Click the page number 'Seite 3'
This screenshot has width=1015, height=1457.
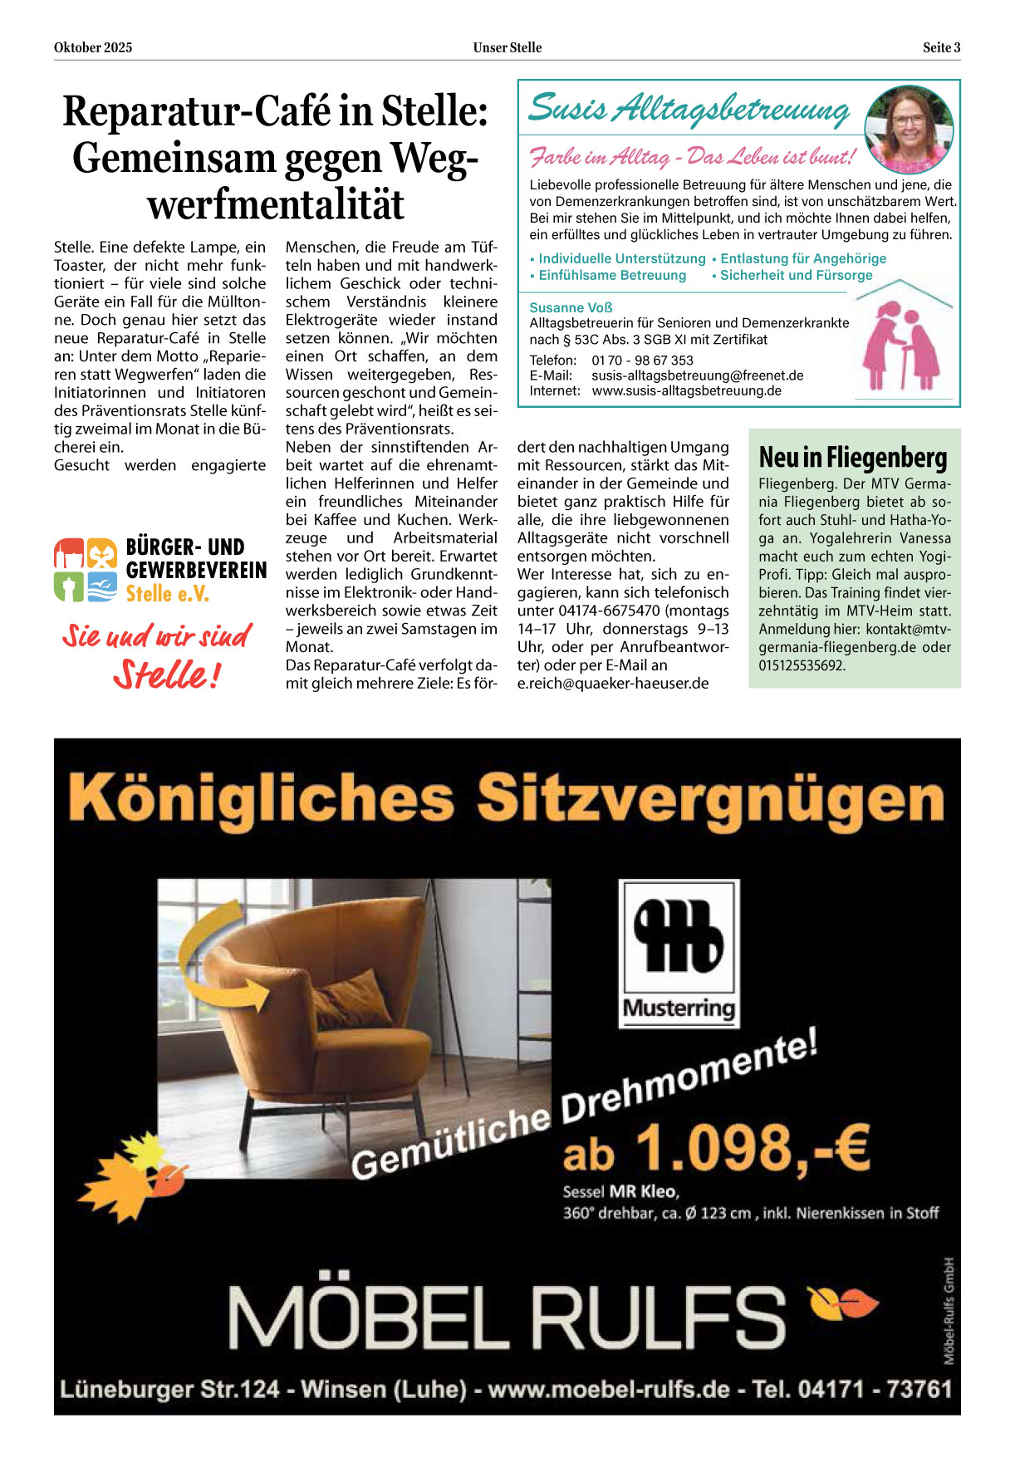pyautogui.click(x=941, y=47)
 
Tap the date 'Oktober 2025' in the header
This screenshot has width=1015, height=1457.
pyautogui.click(x=93, y=47)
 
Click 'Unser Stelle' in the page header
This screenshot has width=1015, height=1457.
pyautogui.click(x=507, y=47)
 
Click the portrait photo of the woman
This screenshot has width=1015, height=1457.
pyautogui.click(x=909, y=128)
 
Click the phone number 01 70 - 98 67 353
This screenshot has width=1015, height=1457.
pyautogui.click(x=642, y=361)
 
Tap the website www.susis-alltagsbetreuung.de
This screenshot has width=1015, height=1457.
pyautogui.click(x=686, y=391)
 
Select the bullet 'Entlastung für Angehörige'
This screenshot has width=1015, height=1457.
pyautogui.click(x=802, y=258)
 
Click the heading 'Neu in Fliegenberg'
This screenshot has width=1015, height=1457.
pyautogui.click(x=852, y=457)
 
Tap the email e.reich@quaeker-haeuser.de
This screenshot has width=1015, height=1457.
pyautogui.click(x=613, y=684)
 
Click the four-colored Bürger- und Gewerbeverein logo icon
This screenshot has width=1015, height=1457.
pyautogui.click(x=86, y=569)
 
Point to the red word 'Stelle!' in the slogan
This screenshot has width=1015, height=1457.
pyautogui.click(x=166, y=675)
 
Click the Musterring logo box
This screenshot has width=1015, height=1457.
pyautogui.click(x=679, y=954)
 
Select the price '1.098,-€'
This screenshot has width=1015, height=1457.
pyautogui.click(x=752, y=1148)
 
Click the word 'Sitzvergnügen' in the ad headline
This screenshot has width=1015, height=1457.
pyautogui.click(x=710, y=797)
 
